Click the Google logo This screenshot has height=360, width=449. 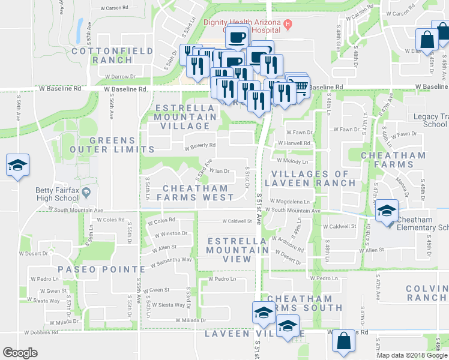tap(20, 353)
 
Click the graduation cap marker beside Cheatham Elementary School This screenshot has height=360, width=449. tap(387, 211)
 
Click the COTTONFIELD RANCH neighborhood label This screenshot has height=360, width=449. tap(112, 56)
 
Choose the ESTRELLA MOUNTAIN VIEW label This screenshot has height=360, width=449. tap(229, 250)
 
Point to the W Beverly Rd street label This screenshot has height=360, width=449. tap(199, 145)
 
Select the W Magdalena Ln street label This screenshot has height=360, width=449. tap(290, 202)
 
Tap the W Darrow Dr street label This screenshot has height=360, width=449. tap(121, 77)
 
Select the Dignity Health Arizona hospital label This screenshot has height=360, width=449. tap(242, 22)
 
